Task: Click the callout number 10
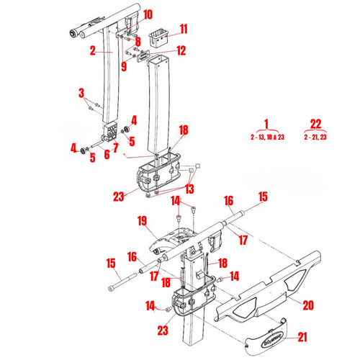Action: (x=148, y=14)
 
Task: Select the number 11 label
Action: (x=184, y=29)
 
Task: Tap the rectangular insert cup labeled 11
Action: (x=158, y=37)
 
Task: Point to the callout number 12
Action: (x=181, y=50)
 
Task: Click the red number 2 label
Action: (x=93, y=51)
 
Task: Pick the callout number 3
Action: (x=81, y=93)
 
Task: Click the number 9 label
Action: (x=124, y=66)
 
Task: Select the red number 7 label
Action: (x=116, y=148)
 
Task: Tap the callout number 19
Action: (x=142, y=221)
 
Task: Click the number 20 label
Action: (x=308, y=305)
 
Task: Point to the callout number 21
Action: (x=302, y=337)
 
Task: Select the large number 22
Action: (x=315, y=124)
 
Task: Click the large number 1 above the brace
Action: (x=266, y=124)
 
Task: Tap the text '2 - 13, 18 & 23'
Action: (x=267, y=138)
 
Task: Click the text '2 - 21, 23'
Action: (x=315, y=138)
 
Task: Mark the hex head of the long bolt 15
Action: (x=112, y=288)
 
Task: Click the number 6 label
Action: (x=107, y=155)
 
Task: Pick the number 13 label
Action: (x=189, y=189)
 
